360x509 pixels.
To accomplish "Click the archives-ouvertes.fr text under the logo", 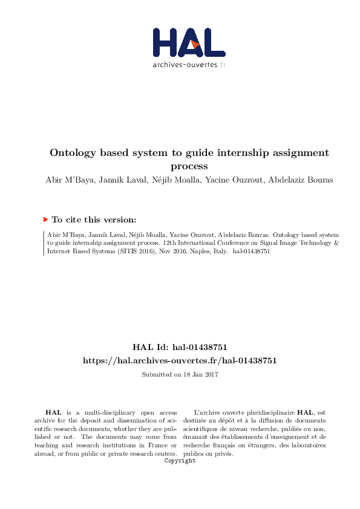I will click(x=189, y=65).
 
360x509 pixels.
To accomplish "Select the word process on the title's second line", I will click(x=189, y=166).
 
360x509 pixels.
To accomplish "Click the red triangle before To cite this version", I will click(x=45, y=220).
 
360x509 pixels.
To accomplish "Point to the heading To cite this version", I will click(x=94, y=220).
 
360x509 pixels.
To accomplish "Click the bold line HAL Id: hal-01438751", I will click(x=180, y=348).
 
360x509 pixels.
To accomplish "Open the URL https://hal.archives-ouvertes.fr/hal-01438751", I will click(x=180, y=360).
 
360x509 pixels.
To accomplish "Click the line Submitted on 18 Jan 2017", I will click(x=180, y=375).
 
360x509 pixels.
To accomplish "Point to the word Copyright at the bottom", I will click(x=180, y=461).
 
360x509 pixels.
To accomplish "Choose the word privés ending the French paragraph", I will click(x=221, y=453).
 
